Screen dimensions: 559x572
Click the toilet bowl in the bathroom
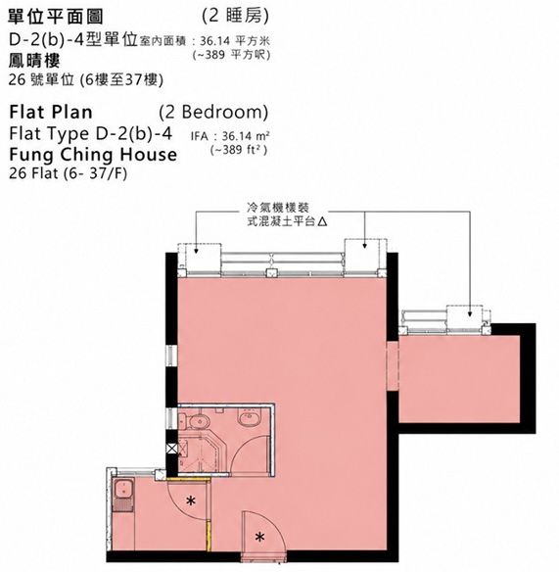pyautogui.click(x=197, y=421)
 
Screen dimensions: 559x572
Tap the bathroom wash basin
pyautogui.click(x=250, y=417)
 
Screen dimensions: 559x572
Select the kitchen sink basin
pyautogui.click(x=123, y=490)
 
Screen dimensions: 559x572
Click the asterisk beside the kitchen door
pyautogui.click(x=190, y=500)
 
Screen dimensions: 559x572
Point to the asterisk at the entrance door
pyautogui.click(x=259, y=537)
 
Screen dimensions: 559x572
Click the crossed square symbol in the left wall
pyautogui.click(x=171, y=449)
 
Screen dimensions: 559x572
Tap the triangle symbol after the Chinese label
pyautogui.click(x=322, y=221)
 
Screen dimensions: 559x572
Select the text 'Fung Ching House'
pyautogui.click(x=93, y=155)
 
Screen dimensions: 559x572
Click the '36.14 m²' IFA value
pyautogui.click(x=246, y=136)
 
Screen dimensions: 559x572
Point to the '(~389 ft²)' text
pyautogui.click(x=239, y=150)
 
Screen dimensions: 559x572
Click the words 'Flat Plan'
pyautogui.click(x=51, y=112)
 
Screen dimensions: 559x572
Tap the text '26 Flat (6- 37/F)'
pyautogui.click(x=69, y=173)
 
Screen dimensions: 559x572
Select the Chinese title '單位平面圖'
pyautogui.click(x=56, y=17)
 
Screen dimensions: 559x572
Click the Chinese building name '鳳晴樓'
pyautogui.click(x=34, y=60)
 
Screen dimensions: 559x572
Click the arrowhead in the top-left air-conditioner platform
pyautogui.click(x=196, y=251)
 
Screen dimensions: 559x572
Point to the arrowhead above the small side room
pyautogui.click(x=470, y=313)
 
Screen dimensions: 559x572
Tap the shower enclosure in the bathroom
pyautogui.click(x=198, y=453)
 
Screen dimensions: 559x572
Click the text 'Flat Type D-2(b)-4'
pyautogui.click(x=90, y=133)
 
